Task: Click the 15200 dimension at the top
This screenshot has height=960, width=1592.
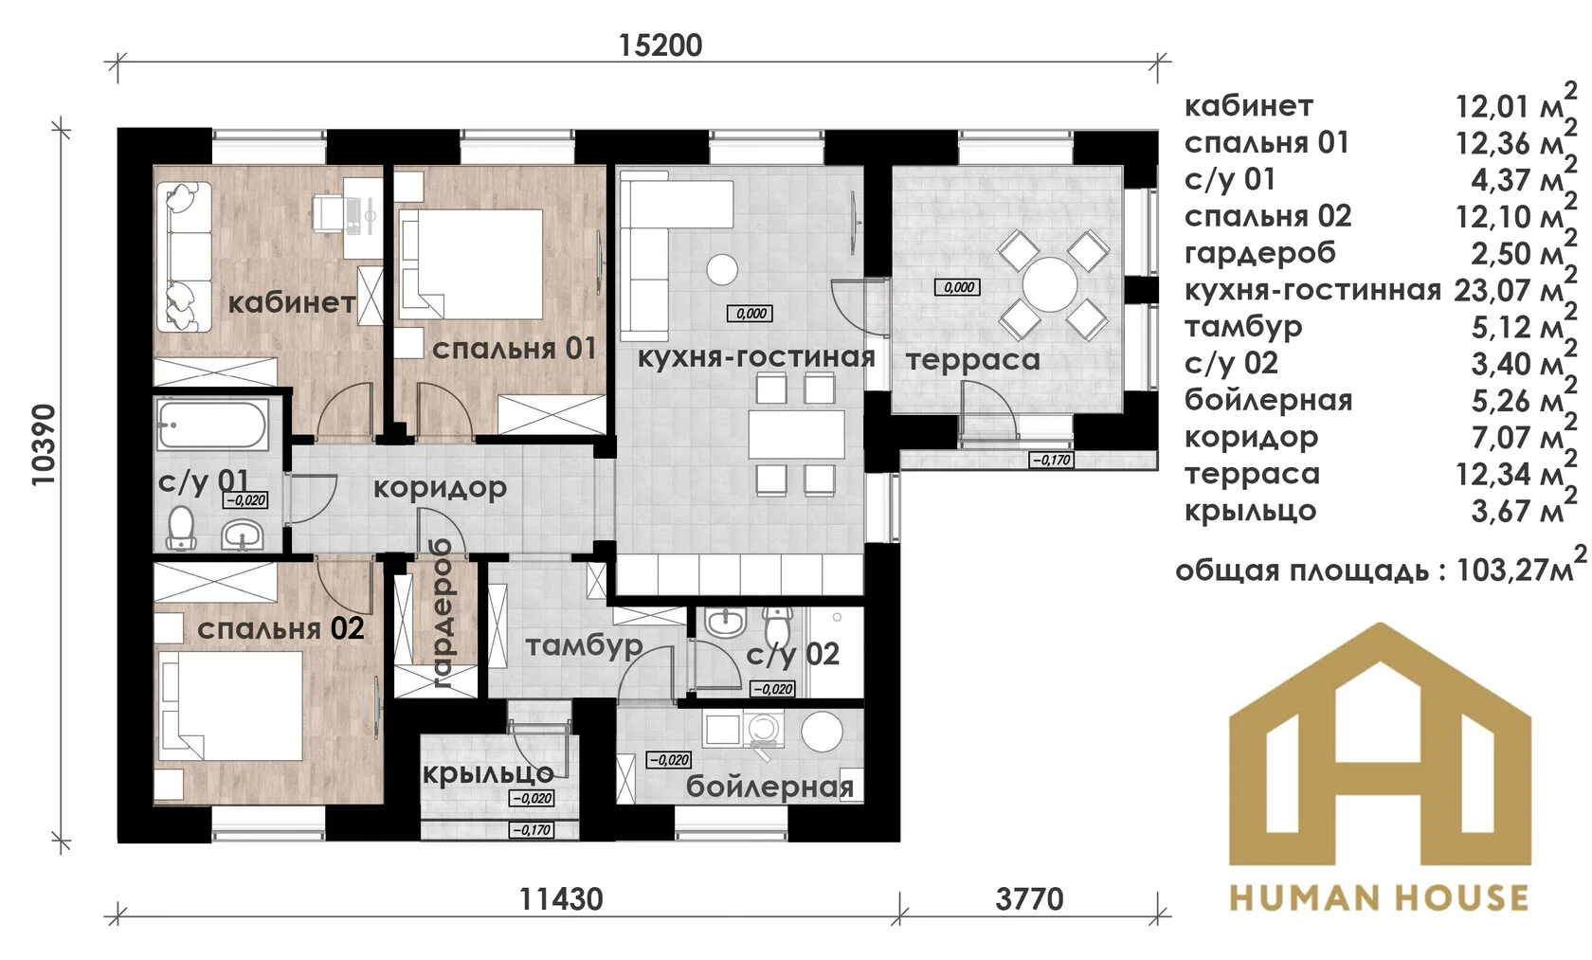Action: [660, 45]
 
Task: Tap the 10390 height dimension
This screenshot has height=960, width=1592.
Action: [44, 445]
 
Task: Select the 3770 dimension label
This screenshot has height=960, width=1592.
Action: [1029, 899]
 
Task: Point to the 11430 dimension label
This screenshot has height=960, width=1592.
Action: [561, 899]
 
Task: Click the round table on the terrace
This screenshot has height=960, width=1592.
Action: [1050, 284]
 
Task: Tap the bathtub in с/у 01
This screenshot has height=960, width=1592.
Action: [212, 425]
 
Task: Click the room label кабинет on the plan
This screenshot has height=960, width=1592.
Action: [292, 303]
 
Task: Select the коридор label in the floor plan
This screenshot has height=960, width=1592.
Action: [440, 488]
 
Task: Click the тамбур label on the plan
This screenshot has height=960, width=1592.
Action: [584, 646]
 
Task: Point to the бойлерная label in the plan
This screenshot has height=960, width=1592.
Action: [769, 787]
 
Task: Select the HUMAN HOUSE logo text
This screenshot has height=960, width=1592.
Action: [1380, 897]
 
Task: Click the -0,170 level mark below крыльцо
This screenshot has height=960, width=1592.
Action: [532, 830]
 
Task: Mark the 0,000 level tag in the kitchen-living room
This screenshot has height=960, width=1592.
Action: [751, 314]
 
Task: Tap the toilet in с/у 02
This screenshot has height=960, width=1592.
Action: [778, 623]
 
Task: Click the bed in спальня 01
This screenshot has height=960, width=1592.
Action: [471, 263]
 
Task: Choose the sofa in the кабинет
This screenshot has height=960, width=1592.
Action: [184, 257]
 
